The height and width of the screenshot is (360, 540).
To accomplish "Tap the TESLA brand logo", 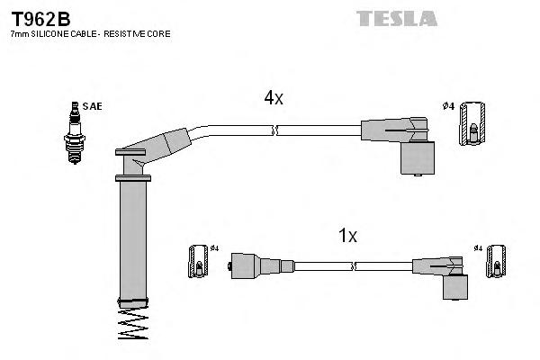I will [396, 18].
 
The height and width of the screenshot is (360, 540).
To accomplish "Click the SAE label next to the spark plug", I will [92, 106].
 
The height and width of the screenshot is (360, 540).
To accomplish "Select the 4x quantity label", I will [274, 98].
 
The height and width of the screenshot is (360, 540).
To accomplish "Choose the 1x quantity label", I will [347, 236].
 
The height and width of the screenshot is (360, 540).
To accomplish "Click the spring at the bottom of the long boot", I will [133, 325].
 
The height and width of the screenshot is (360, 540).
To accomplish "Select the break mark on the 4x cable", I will [275, 130].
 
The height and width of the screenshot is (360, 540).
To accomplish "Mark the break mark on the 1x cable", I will [354, 266].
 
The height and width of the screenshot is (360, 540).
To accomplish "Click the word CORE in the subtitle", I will [161, 33].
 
